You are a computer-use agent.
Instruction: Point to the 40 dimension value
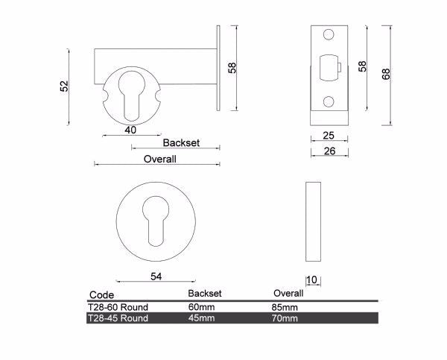130,130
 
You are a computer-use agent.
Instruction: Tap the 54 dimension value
156,277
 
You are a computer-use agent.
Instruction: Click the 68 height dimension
386,75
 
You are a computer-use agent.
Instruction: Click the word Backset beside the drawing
182,142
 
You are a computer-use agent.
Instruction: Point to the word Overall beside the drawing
159,159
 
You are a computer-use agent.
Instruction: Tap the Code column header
101,295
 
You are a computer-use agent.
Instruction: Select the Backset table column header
205,294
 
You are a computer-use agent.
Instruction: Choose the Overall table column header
288,294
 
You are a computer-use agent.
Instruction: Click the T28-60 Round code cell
118,307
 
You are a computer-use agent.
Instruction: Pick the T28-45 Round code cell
118,318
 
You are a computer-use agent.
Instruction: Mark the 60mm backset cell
201,307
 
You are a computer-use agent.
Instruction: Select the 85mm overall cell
286,307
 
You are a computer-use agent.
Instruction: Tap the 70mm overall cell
286,318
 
